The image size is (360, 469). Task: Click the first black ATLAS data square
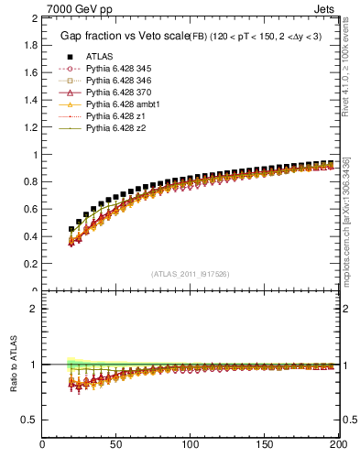(x=71, y=230)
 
